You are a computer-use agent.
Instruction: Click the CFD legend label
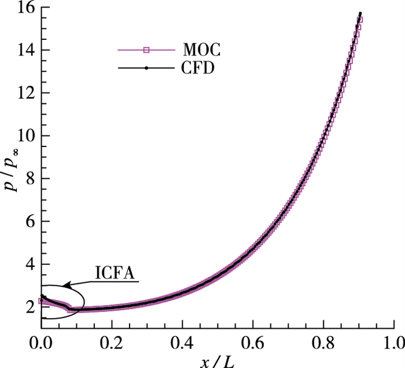[204, 69]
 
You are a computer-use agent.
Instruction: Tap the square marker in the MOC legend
[146, 50]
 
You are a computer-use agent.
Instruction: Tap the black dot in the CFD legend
[146, 68]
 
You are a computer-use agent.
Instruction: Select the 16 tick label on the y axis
[25, 8]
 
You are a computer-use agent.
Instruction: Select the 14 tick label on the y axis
[25, 50]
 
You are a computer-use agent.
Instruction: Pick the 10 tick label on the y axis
[25, 136]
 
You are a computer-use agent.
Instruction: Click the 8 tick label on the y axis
[28, 179]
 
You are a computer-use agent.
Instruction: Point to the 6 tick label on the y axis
[28, 222]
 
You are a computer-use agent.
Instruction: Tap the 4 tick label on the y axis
[28, 264]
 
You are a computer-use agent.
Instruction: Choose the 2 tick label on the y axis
[28, 307]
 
